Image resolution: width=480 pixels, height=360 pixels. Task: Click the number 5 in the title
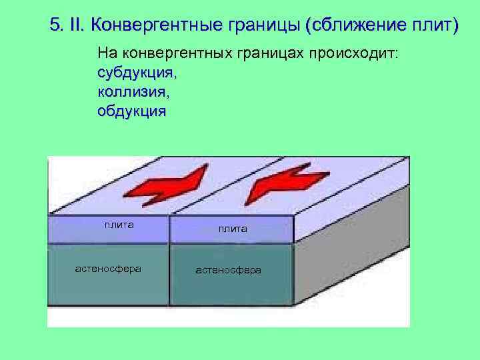coord(55,26)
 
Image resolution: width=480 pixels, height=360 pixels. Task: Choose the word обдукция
coord(131,111)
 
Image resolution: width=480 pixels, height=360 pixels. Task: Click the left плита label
coord(119,225)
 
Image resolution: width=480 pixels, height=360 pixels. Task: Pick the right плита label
coord(232,229)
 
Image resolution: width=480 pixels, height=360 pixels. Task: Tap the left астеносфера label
coord(107,269)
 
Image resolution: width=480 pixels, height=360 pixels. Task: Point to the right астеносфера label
coord(228,270)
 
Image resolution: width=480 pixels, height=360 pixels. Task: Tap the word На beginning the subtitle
coord(106,53)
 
